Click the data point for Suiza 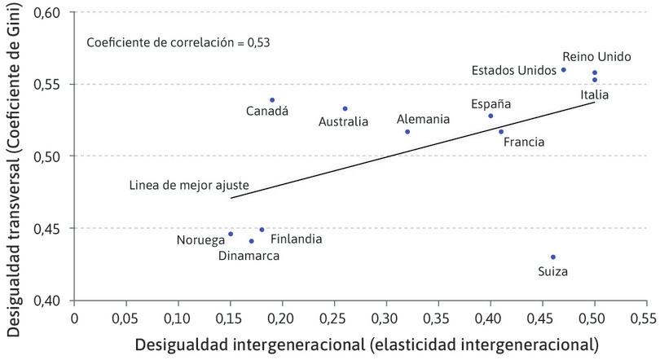[552, 257]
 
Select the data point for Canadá [272, 100]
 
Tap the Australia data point [345, 108]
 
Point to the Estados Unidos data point [563, 69]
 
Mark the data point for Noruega [231, 234]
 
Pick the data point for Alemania [407, 131]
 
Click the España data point [491, 116]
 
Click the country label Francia [524, 142]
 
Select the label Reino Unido [596, 57]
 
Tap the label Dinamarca [249, 256]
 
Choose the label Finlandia [296, 239]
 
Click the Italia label [594, 94]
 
